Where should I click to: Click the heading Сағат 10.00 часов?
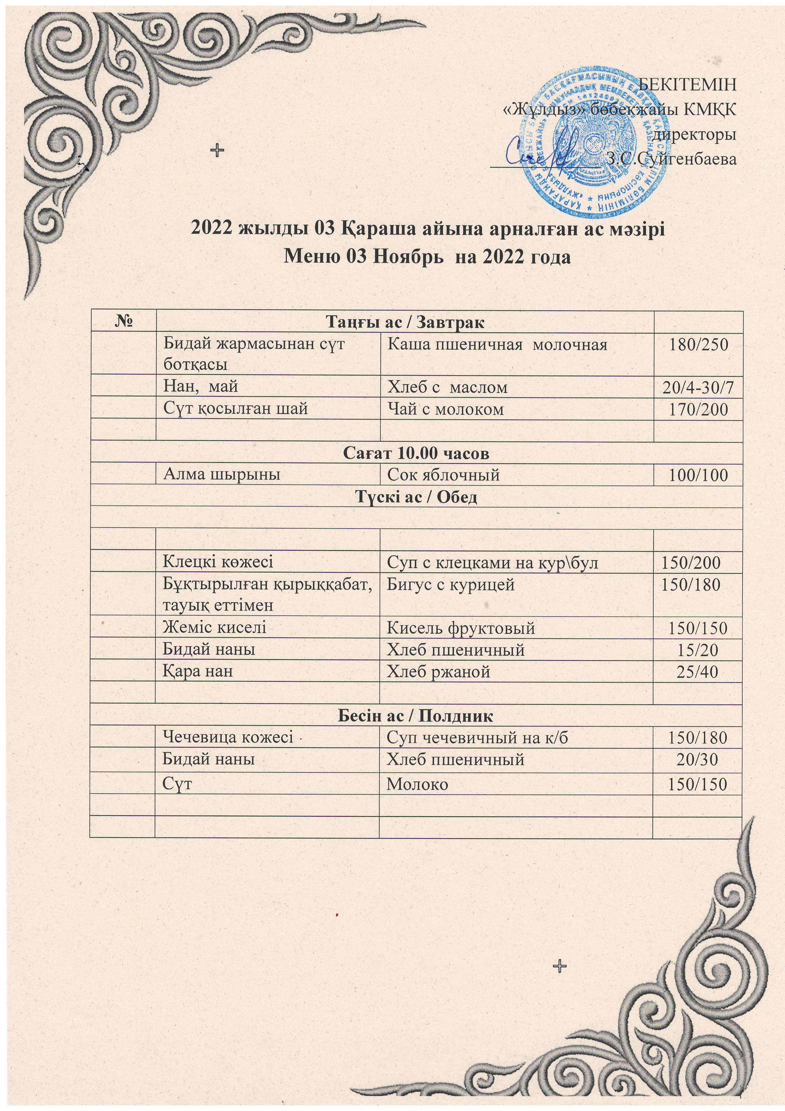tap(416, 454)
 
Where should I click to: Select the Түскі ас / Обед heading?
tap(416, 497)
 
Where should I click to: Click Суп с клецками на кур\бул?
tap(493, 562)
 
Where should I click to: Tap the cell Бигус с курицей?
tap(450, 585)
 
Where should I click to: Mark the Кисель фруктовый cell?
tap(461, 628)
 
